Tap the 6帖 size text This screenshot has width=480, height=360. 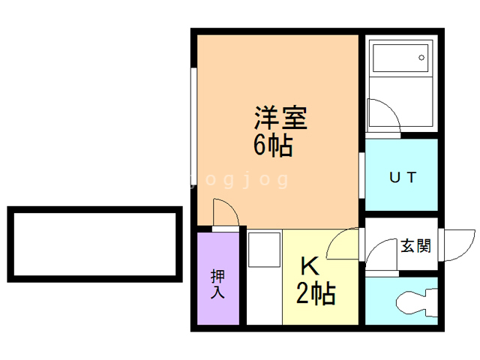tap(272, 145)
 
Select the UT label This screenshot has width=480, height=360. tap(401, 178)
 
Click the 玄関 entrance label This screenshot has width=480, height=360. tap(415, 245)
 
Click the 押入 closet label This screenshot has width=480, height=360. tap(217, 284)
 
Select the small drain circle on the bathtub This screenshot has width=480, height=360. tap(422, 58)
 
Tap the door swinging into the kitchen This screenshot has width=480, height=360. tap(343, 244)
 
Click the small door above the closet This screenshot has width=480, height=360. tap(225, 214)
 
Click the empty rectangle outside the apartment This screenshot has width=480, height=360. tap(94, 244)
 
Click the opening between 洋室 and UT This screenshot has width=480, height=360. tap(361, 174)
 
